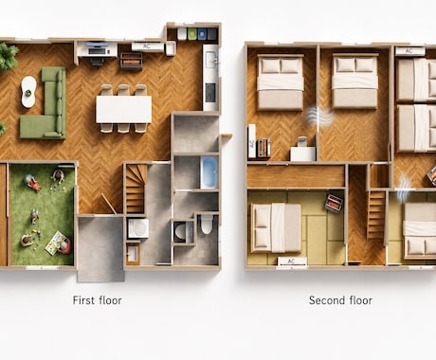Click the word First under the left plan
(x=83, y=300)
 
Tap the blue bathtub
(x=209, y=172)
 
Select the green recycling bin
(x=192, y=34)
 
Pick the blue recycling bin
(x=202, y=34)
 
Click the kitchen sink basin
(x=210, y=60)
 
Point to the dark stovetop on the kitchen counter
(x=210, y=93)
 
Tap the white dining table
(x=124, y=109)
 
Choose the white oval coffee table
(x=28, y=92)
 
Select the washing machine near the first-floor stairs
(x=138, y=228)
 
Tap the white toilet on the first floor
(x=206, y=224)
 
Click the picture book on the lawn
(x=54, y=243)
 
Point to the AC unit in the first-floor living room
(x=147, y=46)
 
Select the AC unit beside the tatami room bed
(x=292, y=261)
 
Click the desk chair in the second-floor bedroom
(x=302, y=141)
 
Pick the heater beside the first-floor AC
(x=131, y=61)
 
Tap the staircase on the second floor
(x=376, y=215)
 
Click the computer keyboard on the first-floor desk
(x=97, y=50)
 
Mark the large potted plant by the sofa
(x=8, y=57)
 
